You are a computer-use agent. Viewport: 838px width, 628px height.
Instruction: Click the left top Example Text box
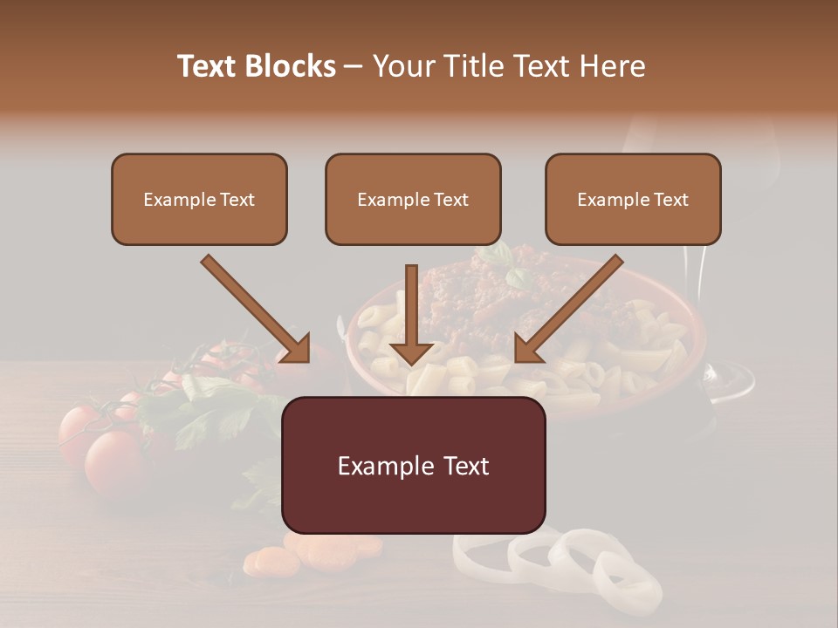point(199,200)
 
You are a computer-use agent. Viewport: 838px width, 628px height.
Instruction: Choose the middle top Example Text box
point(413,200)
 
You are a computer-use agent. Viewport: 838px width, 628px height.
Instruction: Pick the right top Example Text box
point(633,200)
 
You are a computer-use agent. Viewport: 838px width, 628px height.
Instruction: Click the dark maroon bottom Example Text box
point(413,465)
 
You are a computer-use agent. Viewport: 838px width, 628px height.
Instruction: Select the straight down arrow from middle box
point(411,310)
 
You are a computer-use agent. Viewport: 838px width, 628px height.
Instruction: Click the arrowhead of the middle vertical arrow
point(411,352)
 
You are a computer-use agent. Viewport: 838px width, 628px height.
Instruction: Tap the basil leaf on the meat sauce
point(515,277)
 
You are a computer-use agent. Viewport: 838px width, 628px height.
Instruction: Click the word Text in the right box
point(670,200)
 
